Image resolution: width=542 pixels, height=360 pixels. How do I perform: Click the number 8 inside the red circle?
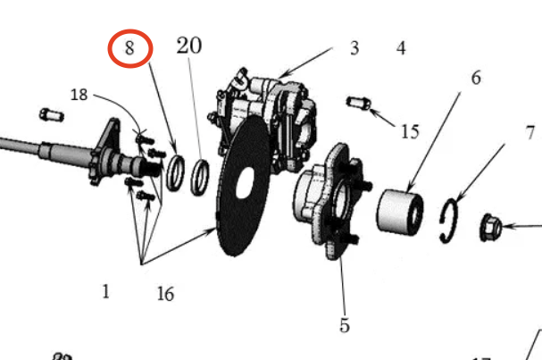point(130,48)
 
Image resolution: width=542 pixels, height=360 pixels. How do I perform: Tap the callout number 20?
point(188,46)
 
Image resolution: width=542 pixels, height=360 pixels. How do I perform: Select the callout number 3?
point(354,48)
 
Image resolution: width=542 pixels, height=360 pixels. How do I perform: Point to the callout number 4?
point(401,48)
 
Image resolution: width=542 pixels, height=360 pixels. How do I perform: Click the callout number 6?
point(476,78)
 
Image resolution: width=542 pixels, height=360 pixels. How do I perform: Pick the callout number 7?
point(530,133)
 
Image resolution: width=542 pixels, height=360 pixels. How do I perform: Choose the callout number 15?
point(409,132)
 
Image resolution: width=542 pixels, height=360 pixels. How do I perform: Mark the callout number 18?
point(79,95)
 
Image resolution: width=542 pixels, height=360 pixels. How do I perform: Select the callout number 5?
point(345,325)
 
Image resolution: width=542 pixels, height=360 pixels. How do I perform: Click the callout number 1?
point(105,291)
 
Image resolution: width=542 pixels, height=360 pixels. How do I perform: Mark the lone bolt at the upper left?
point(50,114)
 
